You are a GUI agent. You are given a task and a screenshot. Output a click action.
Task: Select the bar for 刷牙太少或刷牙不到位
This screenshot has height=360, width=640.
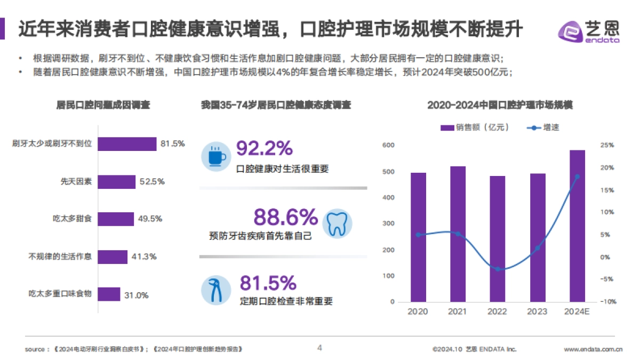(127, 144)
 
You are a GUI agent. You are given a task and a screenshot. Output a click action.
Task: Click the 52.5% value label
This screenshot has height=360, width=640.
(151, 181)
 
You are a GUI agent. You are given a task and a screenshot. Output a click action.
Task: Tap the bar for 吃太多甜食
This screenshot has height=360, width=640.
(116, 219)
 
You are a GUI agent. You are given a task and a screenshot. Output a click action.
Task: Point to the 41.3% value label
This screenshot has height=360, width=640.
(143, 257)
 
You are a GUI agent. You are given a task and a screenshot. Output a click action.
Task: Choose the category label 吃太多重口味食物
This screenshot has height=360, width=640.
(60, 294)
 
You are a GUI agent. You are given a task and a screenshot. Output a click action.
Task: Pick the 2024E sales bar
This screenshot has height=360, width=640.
(577, 226)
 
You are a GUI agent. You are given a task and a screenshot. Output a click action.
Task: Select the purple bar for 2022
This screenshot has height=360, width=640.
(498, 239)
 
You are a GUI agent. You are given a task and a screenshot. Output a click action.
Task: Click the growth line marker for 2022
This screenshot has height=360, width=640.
(498, 269)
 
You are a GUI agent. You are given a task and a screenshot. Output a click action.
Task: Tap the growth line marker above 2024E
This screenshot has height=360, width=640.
(577, 177)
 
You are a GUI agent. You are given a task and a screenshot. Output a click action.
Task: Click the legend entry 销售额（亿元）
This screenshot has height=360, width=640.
(475, 127)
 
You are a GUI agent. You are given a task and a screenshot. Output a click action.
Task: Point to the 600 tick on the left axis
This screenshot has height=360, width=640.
(388, 145)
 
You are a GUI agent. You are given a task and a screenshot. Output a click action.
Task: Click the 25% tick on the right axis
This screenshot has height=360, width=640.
(607, 145)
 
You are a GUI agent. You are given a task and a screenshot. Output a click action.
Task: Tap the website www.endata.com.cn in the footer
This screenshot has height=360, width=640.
(593, 349)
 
